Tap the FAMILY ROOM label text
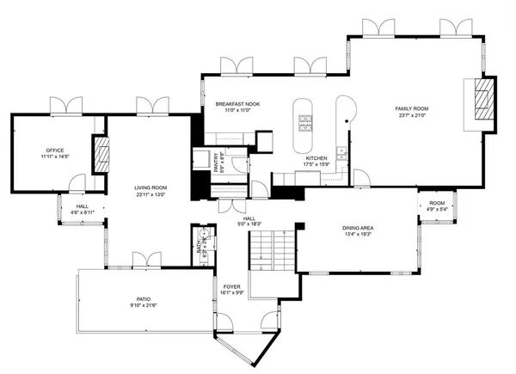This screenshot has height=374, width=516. tap(411, 108)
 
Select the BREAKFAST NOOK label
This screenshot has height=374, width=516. tap(238, 103)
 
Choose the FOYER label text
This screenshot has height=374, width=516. tap(233, 286)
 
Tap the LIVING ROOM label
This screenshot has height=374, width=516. tap(150, 187)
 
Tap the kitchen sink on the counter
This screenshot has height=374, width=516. tap(341, 154)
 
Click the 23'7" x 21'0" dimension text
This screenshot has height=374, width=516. tap(411, 115)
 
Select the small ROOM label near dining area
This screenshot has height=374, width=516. tap(437, 203)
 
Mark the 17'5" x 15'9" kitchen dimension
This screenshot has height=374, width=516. tap(316, 165)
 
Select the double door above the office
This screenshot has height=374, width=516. tap(64, 105)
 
